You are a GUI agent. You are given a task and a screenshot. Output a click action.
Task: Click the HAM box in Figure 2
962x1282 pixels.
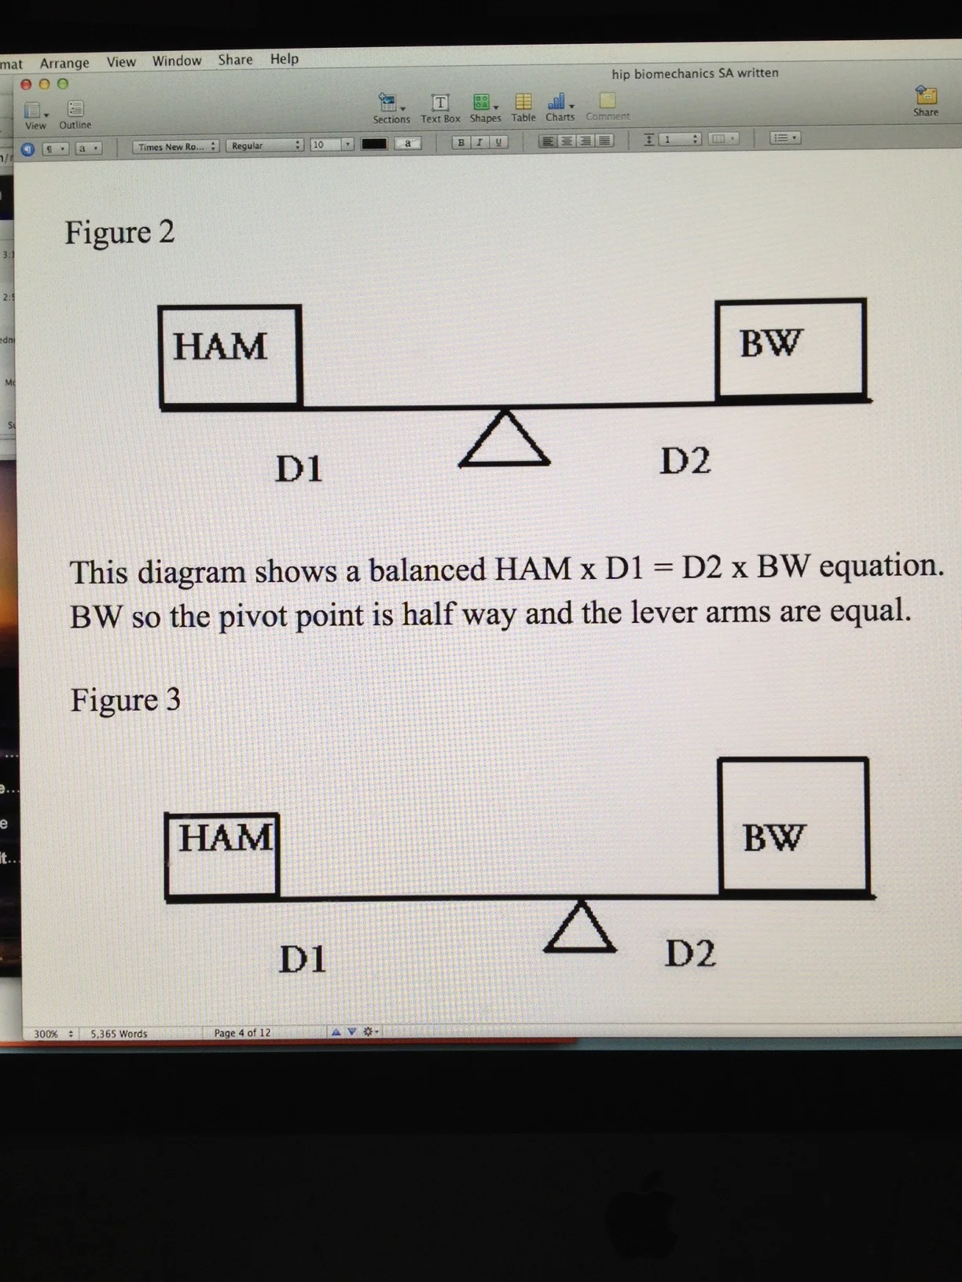coord(230,355)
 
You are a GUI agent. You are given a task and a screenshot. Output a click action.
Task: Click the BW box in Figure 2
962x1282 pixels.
coord(791,347)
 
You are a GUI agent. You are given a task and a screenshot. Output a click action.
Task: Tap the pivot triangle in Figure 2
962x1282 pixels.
coord(504,440)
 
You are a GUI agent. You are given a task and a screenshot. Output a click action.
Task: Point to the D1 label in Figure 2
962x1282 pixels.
coord(299,469)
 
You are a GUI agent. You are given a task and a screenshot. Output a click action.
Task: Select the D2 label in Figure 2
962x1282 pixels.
coord(685,461)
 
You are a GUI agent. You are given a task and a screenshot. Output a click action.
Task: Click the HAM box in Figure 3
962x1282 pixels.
coord(223,855)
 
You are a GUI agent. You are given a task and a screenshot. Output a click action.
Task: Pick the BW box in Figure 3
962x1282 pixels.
coord(793,826)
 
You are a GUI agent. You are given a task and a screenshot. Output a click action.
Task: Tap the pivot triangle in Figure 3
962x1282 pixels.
coord(580,929)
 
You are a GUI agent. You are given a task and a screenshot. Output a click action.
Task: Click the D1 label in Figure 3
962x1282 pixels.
coord(303,959)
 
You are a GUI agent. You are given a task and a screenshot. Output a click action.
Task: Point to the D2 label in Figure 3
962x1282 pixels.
coord(690,954)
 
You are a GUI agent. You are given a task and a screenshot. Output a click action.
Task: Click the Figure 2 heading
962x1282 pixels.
coord(119,233)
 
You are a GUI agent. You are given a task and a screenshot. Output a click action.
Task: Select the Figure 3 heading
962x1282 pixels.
coord(126,699)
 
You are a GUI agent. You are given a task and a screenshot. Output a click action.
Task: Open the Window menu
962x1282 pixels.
coord(177,60)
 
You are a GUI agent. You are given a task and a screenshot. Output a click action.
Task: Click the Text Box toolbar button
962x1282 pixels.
coord(440,107)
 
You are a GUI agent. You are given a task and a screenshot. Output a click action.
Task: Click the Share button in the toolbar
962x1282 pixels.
coord(926,101)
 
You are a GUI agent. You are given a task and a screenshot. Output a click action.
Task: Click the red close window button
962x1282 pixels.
coord(26,84)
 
